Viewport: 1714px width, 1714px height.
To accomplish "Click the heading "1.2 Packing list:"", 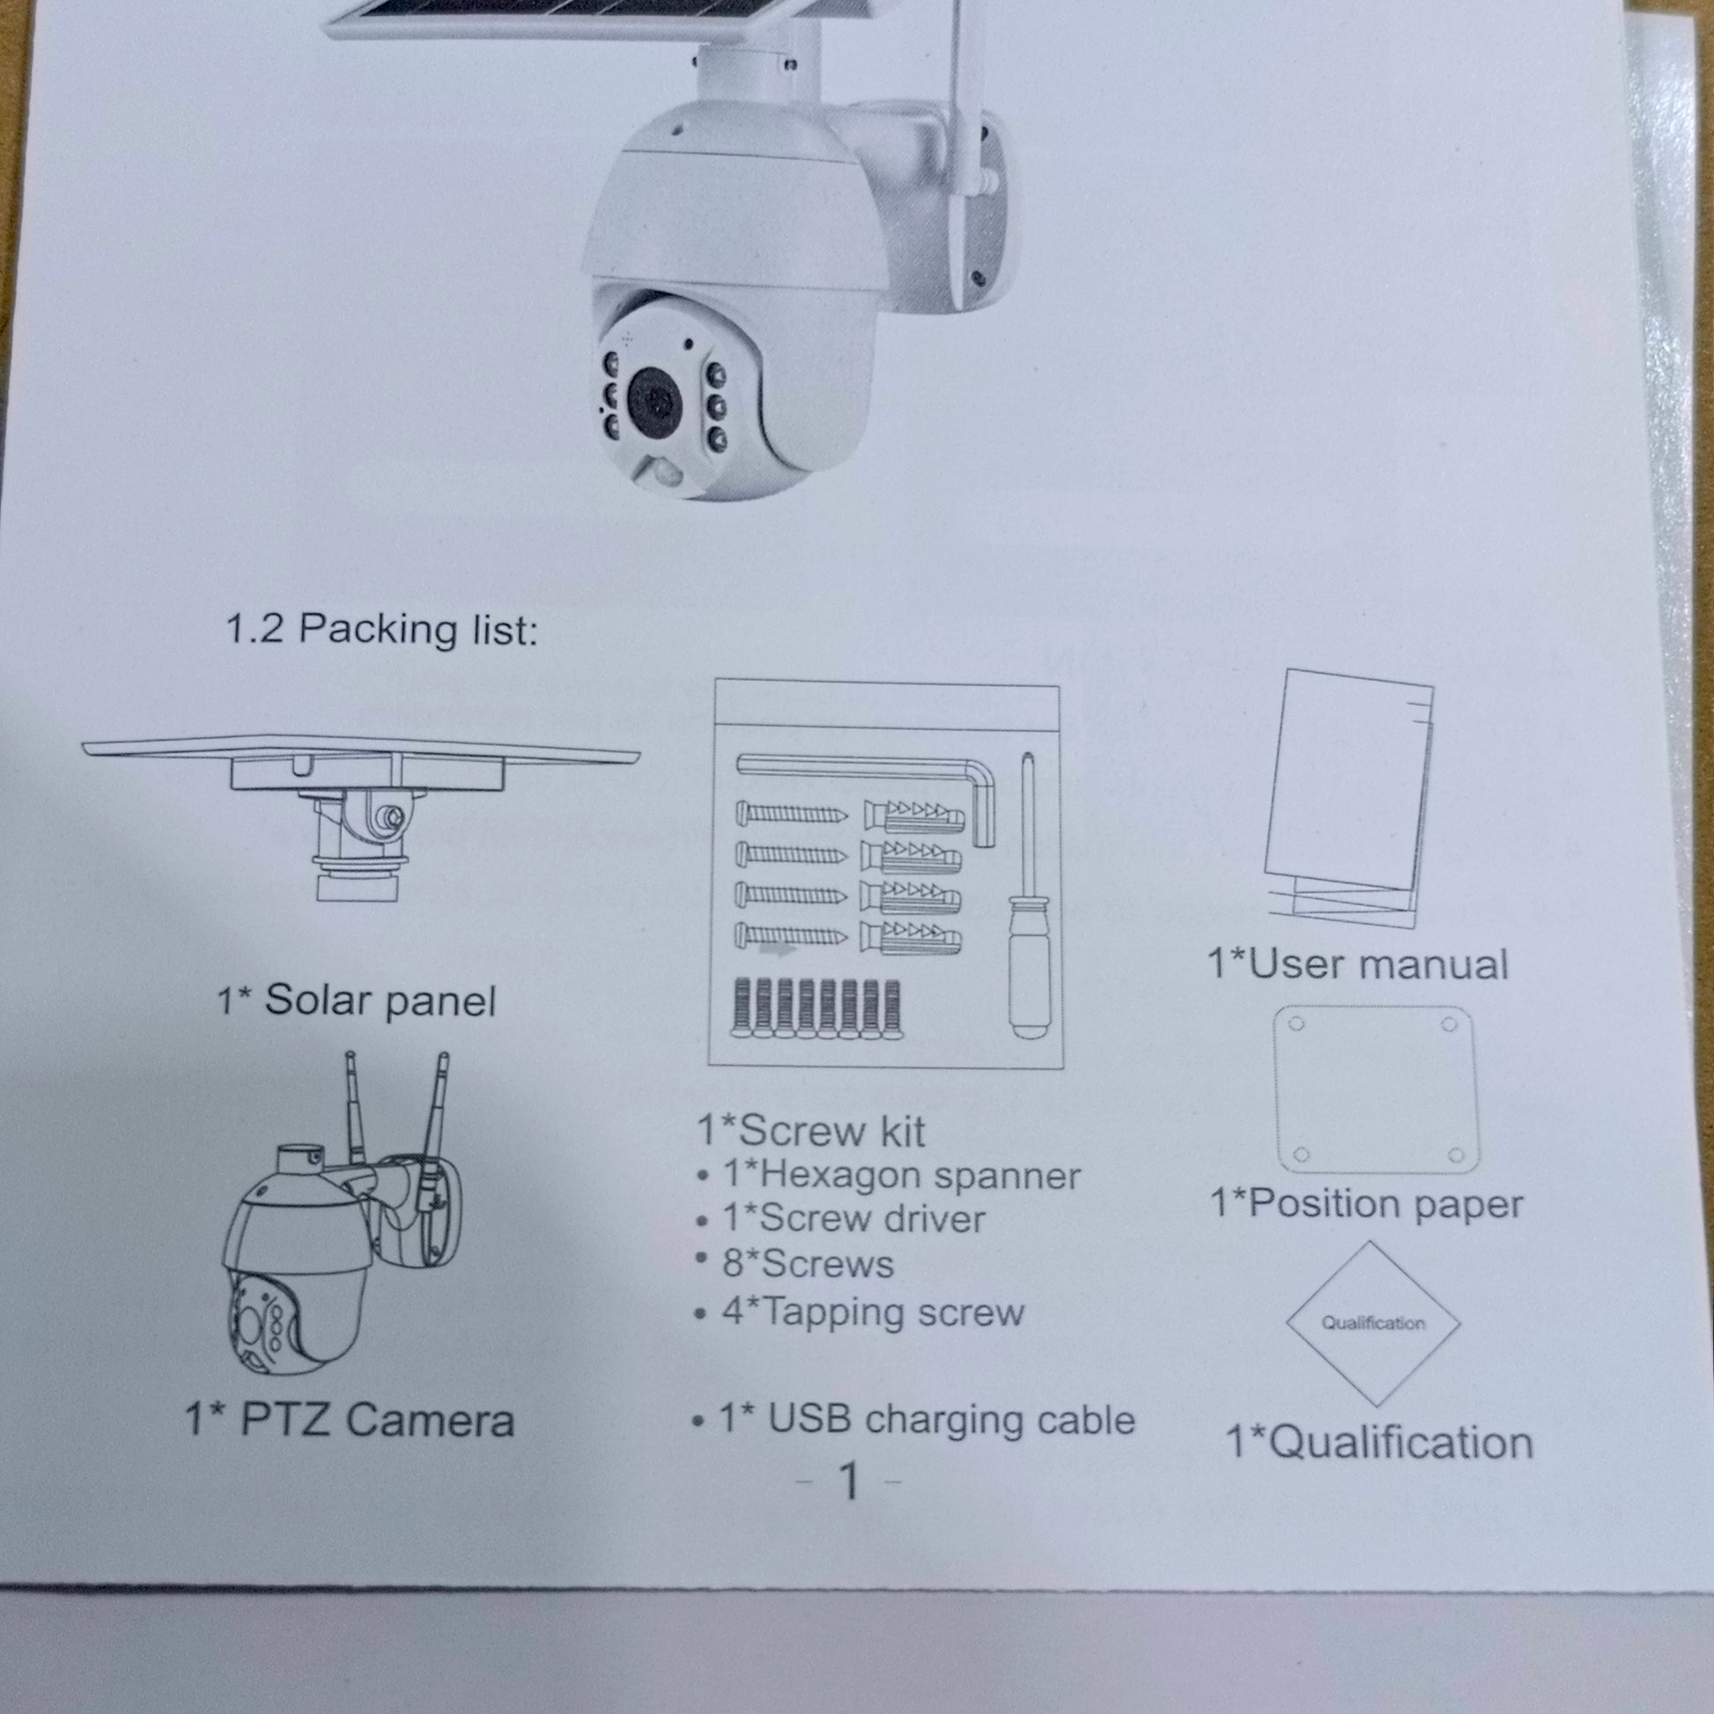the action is click(382, 629).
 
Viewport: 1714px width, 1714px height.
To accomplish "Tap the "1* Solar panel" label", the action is click(357, 1000).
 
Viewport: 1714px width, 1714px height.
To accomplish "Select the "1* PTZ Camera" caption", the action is click(350, 1419).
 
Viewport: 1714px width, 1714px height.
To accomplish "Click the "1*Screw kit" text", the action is click(811, 1130).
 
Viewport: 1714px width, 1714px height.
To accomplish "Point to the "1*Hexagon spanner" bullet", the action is click(889, 1177).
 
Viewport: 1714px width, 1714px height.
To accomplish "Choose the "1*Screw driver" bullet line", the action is click(841, 1219).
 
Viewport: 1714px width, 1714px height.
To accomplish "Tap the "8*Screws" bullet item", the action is click(796, 1264).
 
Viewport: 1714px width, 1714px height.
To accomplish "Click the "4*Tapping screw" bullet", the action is click(861, 1312).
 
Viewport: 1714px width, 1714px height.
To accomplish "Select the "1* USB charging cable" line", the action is click(913, 1419).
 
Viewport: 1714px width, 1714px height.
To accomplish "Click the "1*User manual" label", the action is click(1357, 964).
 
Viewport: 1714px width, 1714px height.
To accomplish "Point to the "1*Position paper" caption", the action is click(1366, 1204).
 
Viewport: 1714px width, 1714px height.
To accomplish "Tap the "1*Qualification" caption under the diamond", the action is click(1379, 1442).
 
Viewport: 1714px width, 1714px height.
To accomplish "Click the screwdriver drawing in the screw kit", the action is click(1027, 896).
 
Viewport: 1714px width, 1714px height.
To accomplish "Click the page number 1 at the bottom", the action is click(849, 1480).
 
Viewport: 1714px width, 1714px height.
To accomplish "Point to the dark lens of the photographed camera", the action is click(657, 402).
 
